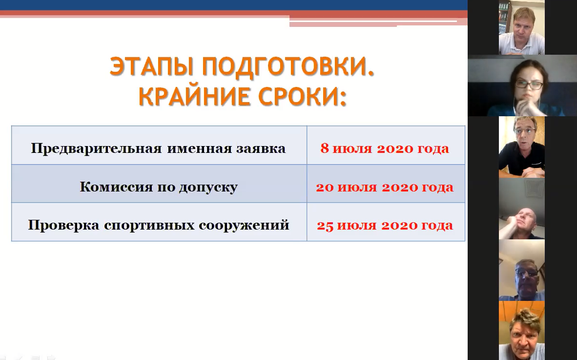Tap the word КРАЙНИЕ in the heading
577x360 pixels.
[193, 97]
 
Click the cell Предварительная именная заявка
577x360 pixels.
[159, 145]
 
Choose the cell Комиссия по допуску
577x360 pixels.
[159, 183]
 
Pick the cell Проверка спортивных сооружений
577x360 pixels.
[159, 222]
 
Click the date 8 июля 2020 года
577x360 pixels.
[385, 148]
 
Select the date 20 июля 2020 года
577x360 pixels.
[385, 187]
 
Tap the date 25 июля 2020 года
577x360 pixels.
[385, 225]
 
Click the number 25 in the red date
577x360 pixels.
[325, 226]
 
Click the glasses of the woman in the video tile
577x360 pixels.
[528, 85]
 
